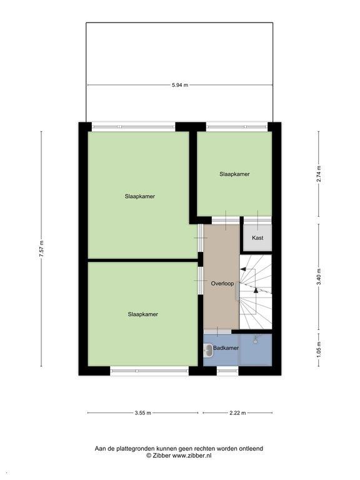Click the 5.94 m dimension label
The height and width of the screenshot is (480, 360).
180,85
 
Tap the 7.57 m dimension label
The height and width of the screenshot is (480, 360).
42,249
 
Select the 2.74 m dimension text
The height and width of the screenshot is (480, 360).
319,174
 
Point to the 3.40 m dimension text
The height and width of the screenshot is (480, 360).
319,277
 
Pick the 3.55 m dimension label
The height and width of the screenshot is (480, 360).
143,413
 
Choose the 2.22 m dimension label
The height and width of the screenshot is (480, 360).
237,413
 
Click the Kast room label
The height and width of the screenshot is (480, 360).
257,238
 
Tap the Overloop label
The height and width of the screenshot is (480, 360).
222,284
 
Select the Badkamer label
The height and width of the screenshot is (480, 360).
226,348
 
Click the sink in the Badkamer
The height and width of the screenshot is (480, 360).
209,350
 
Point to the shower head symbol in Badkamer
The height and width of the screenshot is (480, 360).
256,339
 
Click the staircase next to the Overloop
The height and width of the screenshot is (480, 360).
255,292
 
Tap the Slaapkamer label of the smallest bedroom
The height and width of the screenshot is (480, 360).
234,174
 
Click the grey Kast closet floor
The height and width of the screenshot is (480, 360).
257,238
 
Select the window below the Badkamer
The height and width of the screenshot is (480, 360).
227,371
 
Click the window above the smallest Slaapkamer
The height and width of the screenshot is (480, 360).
237,126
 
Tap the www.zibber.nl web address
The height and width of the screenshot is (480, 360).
192,456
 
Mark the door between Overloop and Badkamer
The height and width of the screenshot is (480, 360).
217,331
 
